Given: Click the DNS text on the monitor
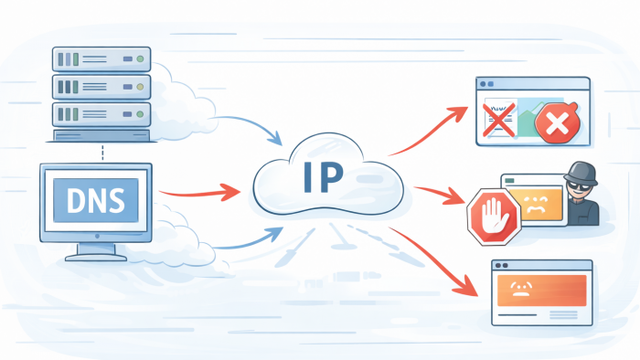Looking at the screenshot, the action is (95, 200).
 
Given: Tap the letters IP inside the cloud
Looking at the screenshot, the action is (324, 177).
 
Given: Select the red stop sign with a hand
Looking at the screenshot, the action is (494, 217).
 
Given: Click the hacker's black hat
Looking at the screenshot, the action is (581, 173).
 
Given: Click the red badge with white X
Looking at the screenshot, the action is (557, 122).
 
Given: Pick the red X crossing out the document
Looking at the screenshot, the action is (499, 120).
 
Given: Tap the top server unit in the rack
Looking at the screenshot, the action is (101, 59).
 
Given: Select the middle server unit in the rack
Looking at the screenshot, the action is (101, 87).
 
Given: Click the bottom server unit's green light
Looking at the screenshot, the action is (140, 114).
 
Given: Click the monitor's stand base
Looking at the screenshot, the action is (96, 258).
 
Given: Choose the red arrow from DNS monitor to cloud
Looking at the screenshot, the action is (199, 192).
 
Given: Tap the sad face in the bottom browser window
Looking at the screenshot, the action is (519, 289).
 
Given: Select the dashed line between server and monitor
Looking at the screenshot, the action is (102, 153).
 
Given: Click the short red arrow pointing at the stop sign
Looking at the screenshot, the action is (439, 194).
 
